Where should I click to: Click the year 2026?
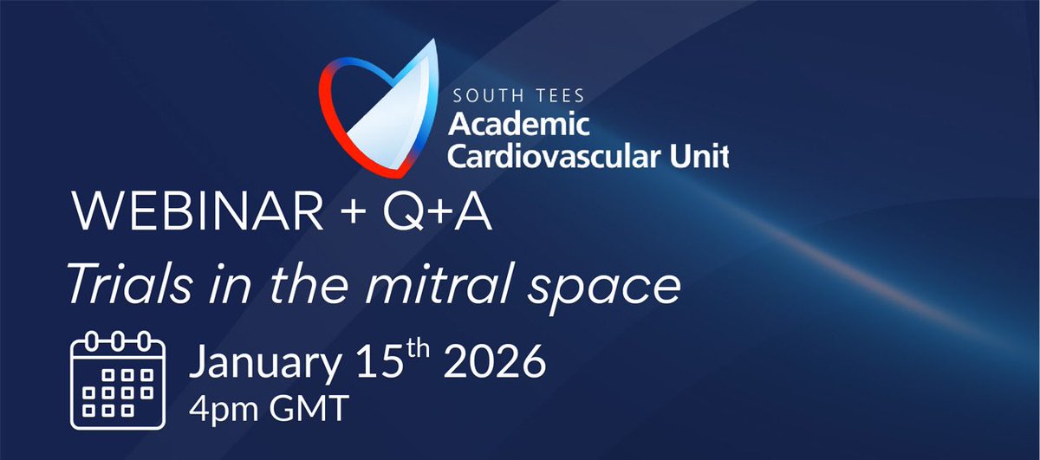495,363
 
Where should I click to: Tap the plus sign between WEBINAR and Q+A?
352,213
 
